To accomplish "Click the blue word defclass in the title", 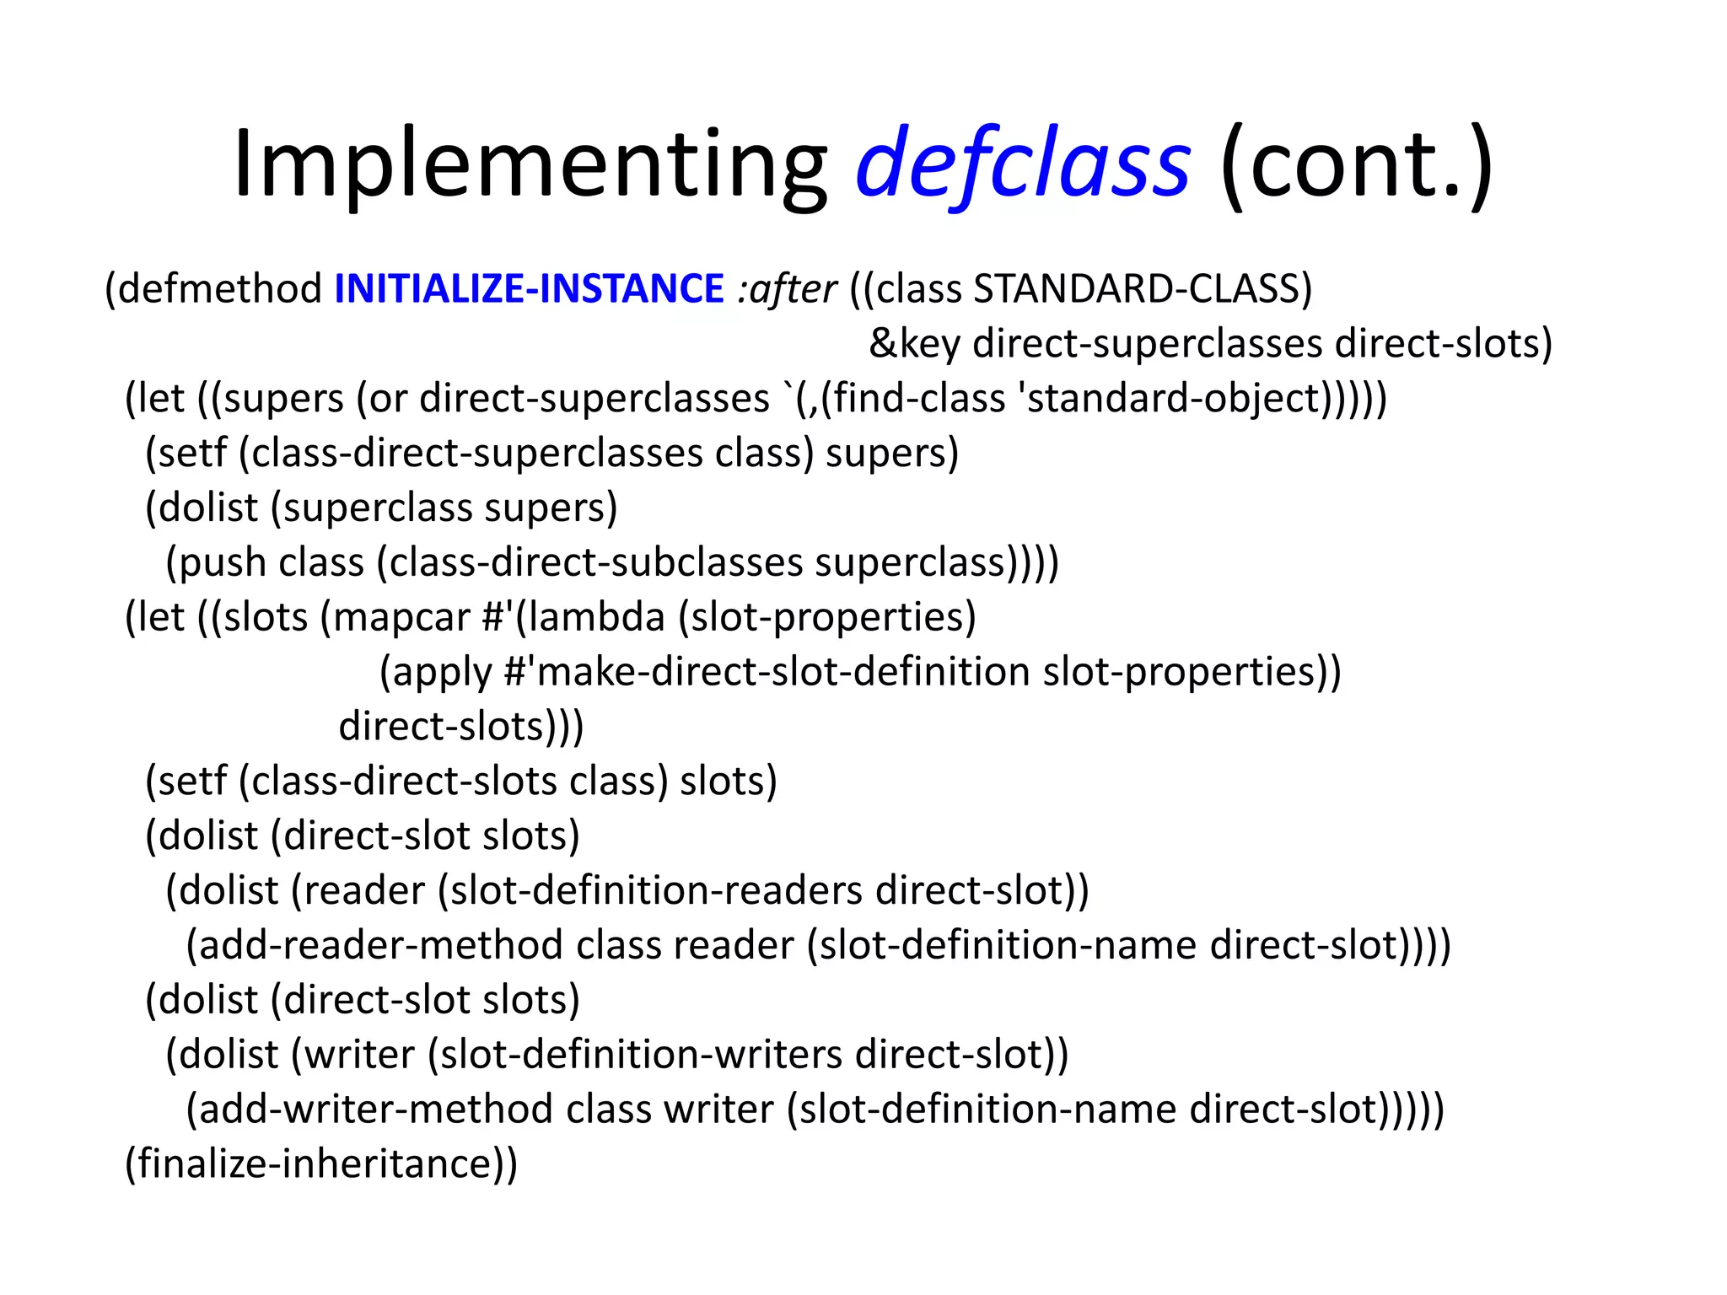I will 1023,164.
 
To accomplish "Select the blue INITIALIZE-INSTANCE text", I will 529,289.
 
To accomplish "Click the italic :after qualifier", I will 787,289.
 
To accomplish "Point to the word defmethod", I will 220,289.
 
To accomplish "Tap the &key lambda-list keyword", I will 914,344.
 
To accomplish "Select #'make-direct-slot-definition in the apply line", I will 767,673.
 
